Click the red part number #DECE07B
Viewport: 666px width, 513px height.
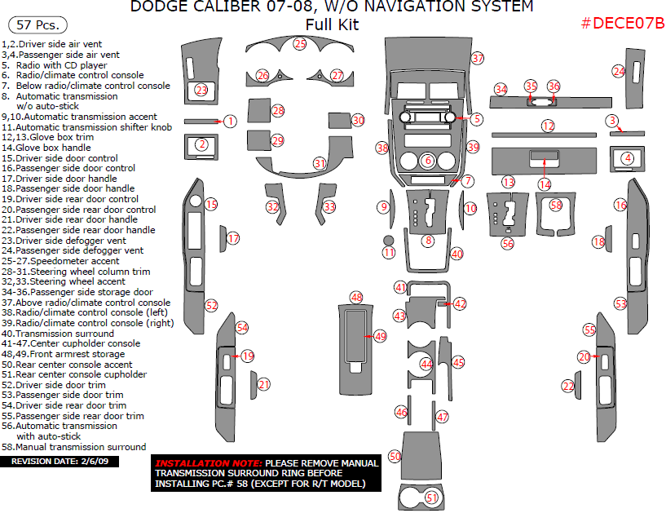pos(622,24)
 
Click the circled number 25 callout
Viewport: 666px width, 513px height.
pos(300,43)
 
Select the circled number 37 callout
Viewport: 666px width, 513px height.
pos(478,59)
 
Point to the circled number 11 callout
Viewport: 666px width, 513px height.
pos(389,253)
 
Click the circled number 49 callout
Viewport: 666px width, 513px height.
pos(381,336)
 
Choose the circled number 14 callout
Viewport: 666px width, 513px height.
pos(545,184)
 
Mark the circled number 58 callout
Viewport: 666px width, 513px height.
pos(556,206)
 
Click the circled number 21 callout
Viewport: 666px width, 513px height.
pos(263,384)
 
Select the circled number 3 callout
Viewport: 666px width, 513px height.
pos(612,121)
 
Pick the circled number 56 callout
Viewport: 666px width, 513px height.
pos(508,243)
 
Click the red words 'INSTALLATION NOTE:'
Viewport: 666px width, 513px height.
pos(209,463)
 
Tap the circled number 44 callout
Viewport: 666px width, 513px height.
pos(426,364)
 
